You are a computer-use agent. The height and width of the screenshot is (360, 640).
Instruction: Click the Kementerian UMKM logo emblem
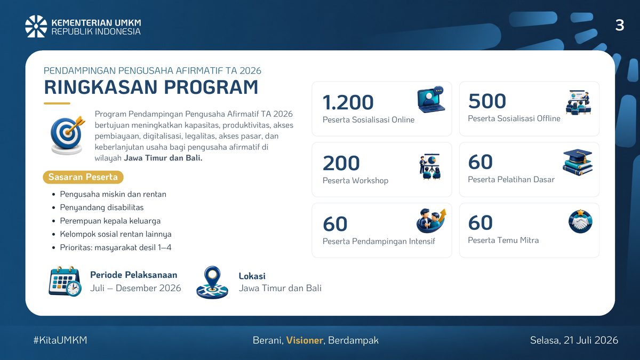tap(36, 26)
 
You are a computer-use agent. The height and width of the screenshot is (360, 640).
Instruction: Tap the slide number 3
tap(619, 26)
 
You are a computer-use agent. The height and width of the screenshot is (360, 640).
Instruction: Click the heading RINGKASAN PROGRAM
tap(151, 87)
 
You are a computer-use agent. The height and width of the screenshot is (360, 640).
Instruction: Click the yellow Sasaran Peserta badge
tap(83, 177)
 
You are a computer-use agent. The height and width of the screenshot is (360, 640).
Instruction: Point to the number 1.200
tap(348, 102)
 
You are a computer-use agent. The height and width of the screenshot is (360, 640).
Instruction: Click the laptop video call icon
tap(431, 99)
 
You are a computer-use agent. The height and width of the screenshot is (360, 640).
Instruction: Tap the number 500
tap(487, 101)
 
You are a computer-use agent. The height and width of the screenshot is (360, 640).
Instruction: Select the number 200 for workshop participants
tap(341, 163)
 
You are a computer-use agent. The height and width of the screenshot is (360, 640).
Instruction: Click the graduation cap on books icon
tap(578, 162)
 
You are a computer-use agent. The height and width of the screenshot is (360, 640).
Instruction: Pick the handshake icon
tap(580, 221)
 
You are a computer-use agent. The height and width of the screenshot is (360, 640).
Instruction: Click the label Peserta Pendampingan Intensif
tap(379, 242)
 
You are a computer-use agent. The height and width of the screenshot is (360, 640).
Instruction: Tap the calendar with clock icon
tap(65, 281)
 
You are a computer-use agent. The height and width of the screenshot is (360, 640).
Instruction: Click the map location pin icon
tap(212, 282)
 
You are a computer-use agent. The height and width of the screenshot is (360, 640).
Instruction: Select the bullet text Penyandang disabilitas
tap(102, 207)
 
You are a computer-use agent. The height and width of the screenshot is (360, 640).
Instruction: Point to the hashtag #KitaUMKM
tap(60, 340)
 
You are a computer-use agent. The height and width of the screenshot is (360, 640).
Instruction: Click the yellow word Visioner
tap(305, 340)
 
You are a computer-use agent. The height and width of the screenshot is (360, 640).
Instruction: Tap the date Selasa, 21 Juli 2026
tap(574, 340)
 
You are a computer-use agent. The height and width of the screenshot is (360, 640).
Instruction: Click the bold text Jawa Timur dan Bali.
tap(163, 158)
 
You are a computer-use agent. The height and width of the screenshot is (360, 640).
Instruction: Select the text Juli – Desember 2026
tap(135, 288)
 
